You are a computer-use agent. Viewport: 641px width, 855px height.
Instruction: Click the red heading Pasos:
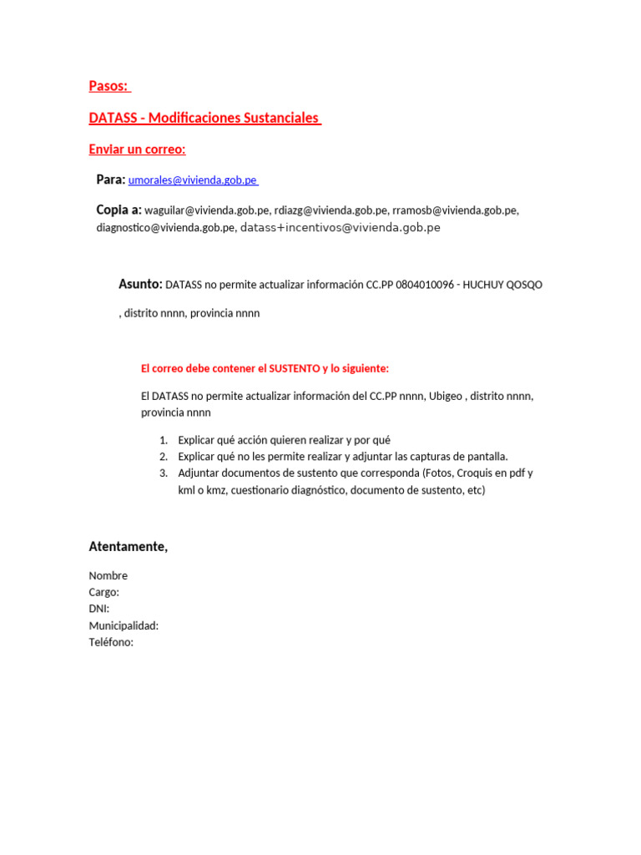point(109,86)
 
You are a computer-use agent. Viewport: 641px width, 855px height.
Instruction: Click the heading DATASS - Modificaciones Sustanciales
point(204,118)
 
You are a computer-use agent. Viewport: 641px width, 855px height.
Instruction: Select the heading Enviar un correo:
point(137,149)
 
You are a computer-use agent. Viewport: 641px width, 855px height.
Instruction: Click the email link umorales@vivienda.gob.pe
point(192,180)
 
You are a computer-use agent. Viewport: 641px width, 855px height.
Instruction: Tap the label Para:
point(110,180)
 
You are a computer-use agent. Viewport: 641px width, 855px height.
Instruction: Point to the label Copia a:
point(119,210)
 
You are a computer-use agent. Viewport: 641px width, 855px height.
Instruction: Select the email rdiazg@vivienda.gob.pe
point(331,210)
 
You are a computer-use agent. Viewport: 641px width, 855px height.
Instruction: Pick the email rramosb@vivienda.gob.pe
point(454,210)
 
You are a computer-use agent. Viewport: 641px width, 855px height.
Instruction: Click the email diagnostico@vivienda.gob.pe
point(165,227)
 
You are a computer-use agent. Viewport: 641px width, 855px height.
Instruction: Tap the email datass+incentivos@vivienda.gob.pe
point(340,227)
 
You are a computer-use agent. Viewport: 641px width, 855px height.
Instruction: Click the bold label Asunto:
point(140,284)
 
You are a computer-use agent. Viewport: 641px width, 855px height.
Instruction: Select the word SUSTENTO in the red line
point(298,368)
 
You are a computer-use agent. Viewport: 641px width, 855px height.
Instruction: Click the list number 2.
point(164,457)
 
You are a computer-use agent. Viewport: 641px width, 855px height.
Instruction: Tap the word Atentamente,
point(129,547)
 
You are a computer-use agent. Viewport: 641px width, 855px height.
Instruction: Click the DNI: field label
point(99,609)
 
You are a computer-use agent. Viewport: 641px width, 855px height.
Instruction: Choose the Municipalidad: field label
point(124,625)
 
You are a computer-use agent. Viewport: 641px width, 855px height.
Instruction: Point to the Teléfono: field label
point(111,642)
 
